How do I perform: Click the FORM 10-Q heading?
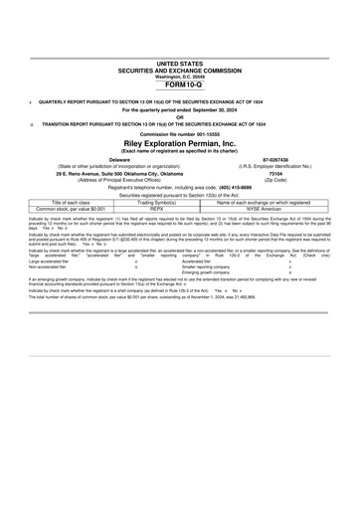180,86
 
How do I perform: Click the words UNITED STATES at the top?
180,62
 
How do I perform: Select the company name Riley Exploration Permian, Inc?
180,142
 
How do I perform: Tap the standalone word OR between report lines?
180,115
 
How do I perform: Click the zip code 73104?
275,173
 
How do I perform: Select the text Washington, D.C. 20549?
180,77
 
